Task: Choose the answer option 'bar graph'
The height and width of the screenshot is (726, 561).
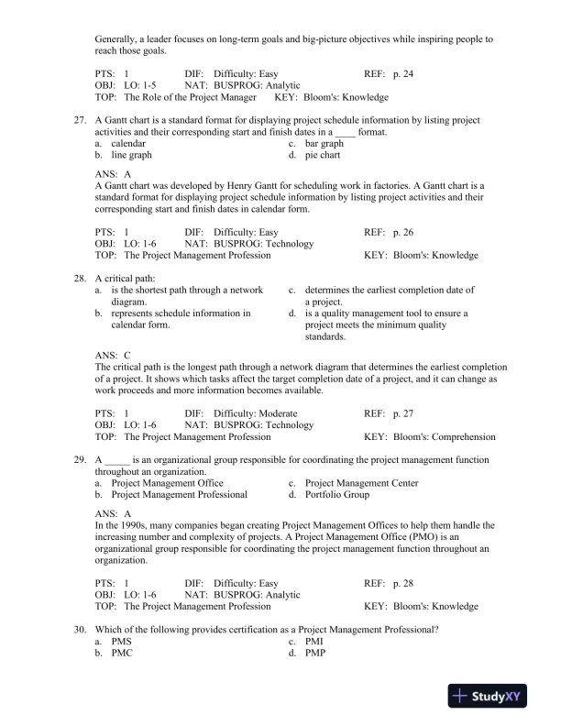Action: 324,144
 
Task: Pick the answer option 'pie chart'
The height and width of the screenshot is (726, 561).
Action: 323,156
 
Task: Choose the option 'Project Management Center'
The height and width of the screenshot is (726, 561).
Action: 361,483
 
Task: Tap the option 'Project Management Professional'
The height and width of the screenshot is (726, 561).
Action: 179,495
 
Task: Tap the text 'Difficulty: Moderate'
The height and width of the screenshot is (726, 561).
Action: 255,413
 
